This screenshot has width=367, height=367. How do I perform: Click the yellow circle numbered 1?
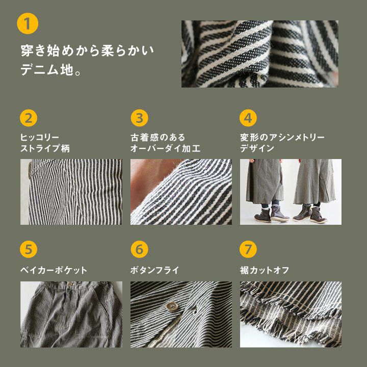point(28,23)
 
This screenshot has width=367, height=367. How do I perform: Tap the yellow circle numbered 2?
point(29,118)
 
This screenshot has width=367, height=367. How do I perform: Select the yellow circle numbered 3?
point(139,118)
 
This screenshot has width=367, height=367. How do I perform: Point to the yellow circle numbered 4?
point(248,118)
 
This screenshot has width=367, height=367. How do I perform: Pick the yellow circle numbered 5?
point(29,249)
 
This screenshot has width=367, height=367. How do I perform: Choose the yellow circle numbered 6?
point(139,249)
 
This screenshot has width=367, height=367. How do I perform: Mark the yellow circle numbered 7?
point(248,249)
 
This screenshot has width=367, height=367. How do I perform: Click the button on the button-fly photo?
point(172,306)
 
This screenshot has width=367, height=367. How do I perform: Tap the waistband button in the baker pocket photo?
point(70,284)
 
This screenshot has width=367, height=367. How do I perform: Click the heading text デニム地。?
point(51,70)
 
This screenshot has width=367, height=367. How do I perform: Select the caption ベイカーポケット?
point(54,270)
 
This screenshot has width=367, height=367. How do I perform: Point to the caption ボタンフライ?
point(155,270)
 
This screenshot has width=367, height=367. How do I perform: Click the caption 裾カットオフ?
point(265,270)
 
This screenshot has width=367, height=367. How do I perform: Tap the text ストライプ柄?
point(45,148)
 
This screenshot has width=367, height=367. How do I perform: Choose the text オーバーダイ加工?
point(165,148)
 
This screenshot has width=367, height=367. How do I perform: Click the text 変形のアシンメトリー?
point(282,138)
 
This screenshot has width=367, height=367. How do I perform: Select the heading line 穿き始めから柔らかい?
point(87,50)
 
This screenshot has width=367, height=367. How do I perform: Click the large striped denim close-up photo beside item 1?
point(260,54)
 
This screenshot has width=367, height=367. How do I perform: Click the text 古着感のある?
point(158,138)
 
